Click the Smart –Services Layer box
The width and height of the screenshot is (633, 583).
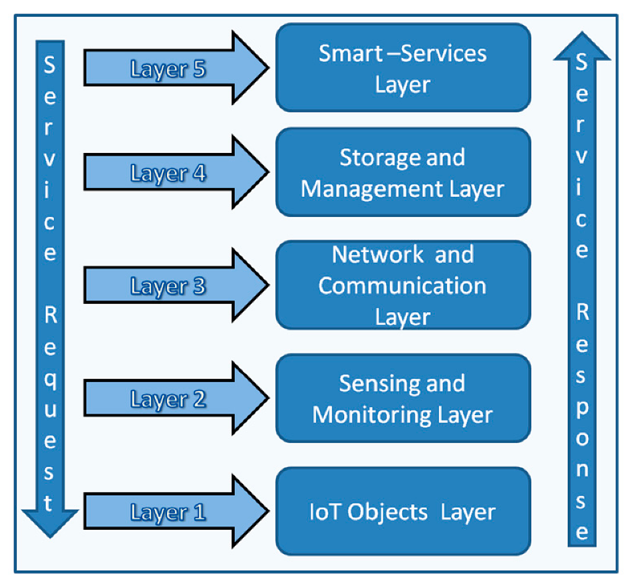pyautogui.click(x=403, y=67)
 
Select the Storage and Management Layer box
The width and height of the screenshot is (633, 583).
pyautogui.click(x=403, y=173)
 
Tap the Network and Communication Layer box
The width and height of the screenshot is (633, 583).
pyautogui.click(x=403, y=285)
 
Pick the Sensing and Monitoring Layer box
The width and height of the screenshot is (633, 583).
pyautogui.click(x=403, y=398)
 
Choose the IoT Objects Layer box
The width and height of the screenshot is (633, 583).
pyautogui.click(x=403, y=512)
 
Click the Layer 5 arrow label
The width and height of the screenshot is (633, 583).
pyautogui.click(x=168, y=69)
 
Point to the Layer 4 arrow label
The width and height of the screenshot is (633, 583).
pyautogui.click(x=168, y=174)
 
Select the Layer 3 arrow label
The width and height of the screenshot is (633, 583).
pyautogui.click(x=168, y=286)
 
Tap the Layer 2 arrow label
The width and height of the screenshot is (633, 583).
pyautogui.click(x=168, y=400)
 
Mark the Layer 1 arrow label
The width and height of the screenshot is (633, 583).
pyautogui.click(x=168, y=513)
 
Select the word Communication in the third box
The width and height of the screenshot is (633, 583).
pyautogui.click(x=402, y=285)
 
